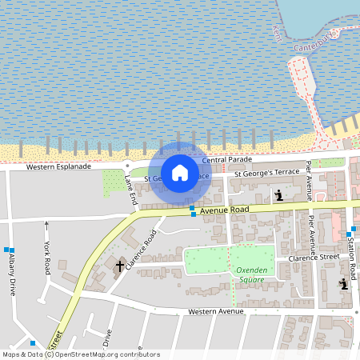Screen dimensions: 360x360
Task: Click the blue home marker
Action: (x=180, y=172)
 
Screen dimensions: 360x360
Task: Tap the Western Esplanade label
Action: (x=58, y=167)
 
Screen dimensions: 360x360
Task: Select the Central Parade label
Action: (x=227, y=159)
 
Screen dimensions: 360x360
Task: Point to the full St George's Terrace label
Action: (x=266, y=172)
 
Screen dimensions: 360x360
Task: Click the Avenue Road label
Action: (x=224, y=210)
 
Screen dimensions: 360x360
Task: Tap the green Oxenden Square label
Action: (x=251, y=275)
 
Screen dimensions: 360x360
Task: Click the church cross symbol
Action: (x=120, y=265)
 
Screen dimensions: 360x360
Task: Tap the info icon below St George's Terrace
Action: (x=278, y=194)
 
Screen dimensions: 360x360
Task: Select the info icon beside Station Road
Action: (x=342, y=284)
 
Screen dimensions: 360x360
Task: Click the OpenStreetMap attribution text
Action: (x=80, y=354)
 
